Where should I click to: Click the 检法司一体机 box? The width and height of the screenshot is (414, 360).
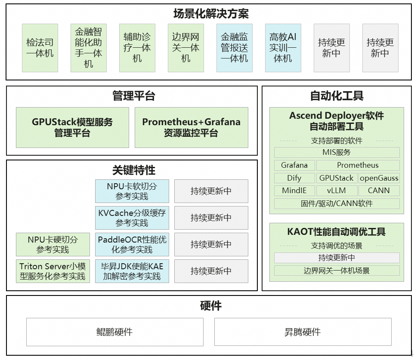coord(40,48)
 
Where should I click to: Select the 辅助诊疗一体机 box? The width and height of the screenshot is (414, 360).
coord(137,48)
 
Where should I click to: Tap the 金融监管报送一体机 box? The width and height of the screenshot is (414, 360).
coord(234,48)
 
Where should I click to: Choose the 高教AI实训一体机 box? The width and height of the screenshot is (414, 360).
coord(283,48)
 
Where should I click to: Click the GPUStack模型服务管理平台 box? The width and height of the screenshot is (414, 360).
coord(72,127)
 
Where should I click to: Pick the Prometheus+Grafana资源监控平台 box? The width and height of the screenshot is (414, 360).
coord(191,127)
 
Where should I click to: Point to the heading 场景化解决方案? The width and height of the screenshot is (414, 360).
coord(211,14)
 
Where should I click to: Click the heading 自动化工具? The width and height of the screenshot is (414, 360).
coord(337,95)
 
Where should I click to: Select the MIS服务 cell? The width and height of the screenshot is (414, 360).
coord(337,152)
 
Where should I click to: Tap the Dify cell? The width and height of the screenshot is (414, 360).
coord(294,178)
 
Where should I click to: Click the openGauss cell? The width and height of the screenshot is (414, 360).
coord(379,178)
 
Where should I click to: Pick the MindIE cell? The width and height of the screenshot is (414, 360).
coord(294,191)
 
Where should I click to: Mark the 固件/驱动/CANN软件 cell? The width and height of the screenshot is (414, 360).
coord(337,203)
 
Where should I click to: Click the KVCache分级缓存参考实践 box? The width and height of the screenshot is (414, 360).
coord(132,218)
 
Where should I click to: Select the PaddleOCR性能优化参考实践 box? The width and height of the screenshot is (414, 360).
coord(132,244)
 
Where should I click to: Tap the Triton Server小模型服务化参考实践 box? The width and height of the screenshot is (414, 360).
coord(53,271)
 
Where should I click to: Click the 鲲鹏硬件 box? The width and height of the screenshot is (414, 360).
coord(114,332)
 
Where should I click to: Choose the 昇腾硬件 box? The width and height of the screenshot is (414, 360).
coord(303,332)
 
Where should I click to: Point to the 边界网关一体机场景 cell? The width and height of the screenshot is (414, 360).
coord(337,271)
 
